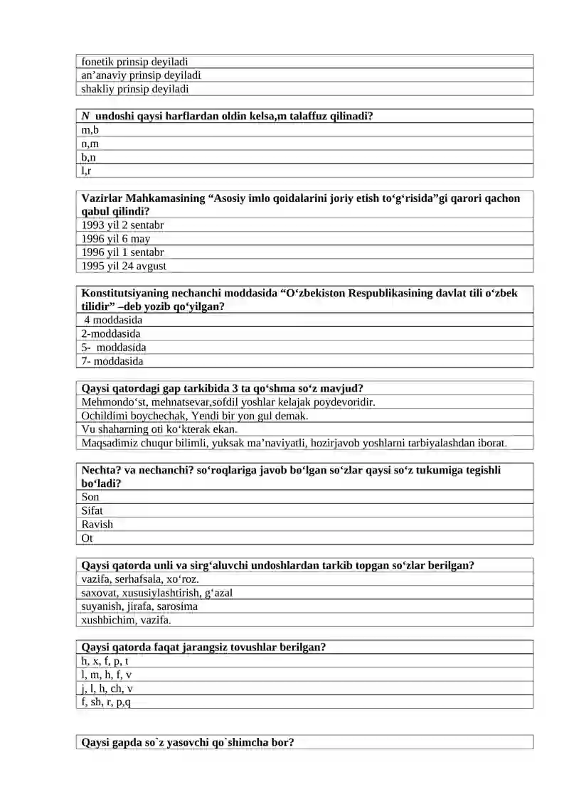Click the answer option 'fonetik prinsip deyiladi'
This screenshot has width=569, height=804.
134,62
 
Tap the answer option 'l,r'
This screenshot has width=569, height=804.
86,171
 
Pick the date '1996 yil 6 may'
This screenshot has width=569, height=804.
116,239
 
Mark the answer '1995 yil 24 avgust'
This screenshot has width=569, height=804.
124,266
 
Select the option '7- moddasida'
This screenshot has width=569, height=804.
112,361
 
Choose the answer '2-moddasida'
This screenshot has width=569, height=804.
111,333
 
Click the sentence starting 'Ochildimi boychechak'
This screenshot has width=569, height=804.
195,416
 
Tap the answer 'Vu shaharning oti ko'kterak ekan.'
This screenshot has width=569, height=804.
159,429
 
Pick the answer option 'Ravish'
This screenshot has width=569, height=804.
97,525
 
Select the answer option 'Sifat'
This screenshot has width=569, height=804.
92,510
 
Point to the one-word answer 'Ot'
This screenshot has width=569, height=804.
87,539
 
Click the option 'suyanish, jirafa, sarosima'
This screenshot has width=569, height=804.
139,606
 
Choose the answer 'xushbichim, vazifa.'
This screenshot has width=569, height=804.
127,620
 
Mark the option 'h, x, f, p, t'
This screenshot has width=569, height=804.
105,661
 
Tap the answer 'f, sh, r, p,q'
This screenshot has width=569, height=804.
106,702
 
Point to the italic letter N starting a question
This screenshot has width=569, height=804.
85,116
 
